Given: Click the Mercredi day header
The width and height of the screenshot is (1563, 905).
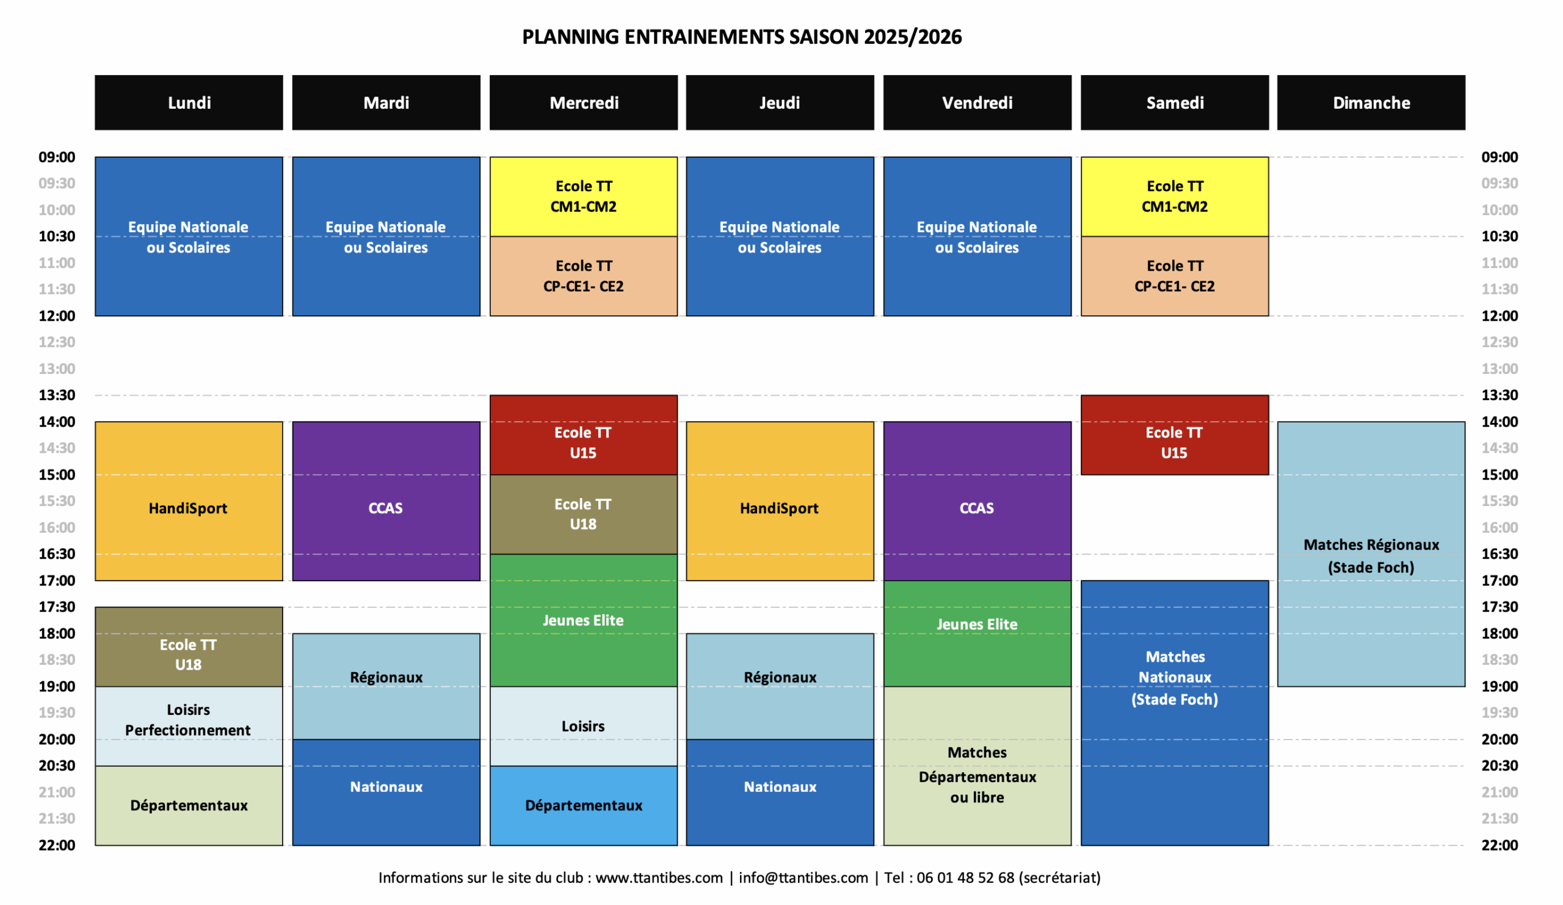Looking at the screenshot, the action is pyautogui.click(x=583, y=103).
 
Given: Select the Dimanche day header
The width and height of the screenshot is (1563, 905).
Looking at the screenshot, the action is pyautogui.click(x=1371, y=103).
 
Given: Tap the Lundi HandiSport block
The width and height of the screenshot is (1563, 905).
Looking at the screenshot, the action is pyautogui.click(x=189, y=501).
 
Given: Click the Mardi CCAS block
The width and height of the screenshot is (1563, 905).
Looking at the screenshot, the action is pyautogui.click(x=386, y=501).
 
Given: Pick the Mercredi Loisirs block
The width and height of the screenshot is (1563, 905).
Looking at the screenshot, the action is pyautogui.click(x=583, y=726).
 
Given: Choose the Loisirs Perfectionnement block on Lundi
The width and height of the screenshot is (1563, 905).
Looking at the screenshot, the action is pyautogui.click(x=189, y=726).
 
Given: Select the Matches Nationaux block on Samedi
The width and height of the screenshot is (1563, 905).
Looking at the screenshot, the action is pyautogui.click(x=1175, y=713).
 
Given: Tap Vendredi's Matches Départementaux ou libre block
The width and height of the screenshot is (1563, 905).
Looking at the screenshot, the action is pyautogui.click(x=977, y=766).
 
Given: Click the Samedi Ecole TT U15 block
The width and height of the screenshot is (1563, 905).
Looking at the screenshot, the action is pyautogui.click(x=1175, y=434).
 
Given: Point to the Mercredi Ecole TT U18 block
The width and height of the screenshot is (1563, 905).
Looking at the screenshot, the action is pyautogui.click(x=583, y=514).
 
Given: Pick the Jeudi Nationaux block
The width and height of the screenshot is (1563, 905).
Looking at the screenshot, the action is pyautogui.click(x=780, y=792).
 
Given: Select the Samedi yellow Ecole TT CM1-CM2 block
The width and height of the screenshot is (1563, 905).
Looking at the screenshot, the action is pyautogui.click(x=1175, y=196).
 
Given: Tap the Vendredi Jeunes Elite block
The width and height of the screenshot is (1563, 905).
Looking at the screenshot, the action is pyautogui.click(x=977, y=633).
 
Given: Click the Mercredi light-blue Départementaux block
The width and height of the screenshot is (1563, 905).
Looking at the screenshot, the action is pyautogui.click(x=583, y=805).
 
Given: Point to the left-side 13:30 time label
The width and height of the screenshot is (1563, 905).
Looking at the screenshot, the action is pyautogui.click(x=57, y=395).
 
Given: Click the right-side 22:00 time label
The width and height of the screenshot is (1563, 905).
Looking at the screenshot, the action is pyautogui.click(x=1500, y=845).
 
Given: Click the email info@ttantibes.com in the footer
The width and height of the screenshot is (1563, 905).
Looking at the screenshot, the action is pyautogui.click(x=803, y=878).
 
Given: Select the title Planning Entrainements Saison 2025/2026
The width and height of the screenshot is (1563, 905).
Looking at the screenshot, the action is pyautogui.click(x=742, y=37).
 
